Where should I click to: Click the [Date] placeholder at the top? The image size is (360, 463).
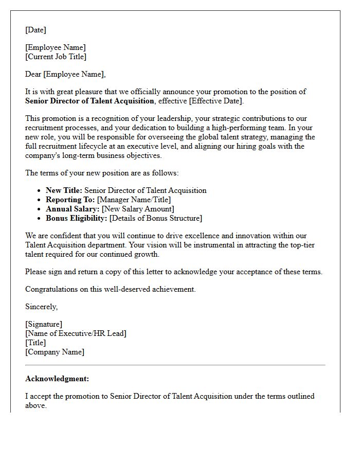click(35, 30)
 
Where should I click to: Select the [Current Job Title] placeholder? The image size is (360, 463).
click(56, 57)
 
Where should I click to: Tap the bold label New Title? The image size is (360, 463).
click(64, 190)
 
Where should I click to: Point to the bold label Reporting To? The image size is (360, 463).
click(70, 200)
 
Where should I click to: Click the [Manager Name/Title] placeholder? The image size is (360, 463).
click(134, 200)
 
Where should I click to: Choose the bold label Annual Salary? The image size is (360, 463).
click(73, 209)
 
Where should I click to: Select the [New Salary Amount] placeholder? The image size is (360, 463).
click(138, 209)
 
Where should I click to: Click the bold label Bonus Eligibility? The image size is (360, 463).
click(76, 218)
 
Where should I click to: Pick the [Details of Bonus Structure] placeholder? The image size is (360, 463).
click(156, 218)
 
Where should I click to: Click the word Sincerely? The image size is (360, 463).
click(41, 307)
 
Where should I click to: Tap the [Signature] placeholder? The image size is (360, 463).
click(44, 324)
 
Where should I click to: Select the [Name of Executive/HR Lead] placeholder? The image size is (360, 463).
click(76, 333)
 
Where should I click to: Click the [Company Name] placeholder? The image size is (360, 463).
click(55, 352)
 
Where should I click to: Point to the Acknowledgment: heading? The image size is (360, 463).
click(57, 379)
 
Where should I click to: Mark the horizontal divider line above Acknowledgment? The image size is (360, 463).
click(175, 365)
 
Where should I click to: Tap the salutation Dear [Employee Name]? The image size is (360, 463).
click(65, 74)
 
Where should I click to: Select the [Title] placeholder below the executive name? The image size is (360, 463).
click(35, 343)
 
